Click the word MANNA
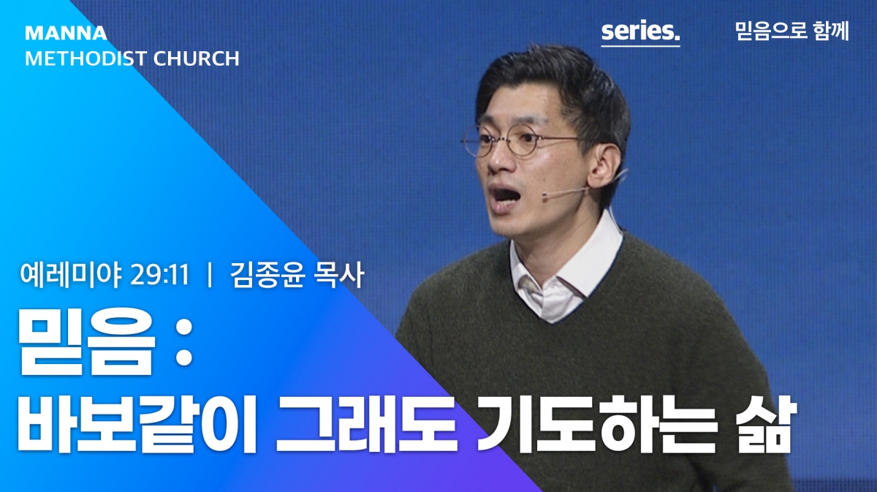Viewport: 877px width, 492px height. (66, 33)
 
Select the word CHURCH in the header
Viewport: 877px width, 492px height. (196, 58)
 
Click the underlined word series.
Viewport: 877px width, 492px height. (640, 31)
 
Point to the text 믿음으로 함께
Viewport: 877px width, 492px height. (791, 31)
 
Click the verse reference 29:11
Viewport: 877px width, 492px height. (160, 275)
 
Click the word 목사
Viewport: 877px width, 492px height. (338, 274)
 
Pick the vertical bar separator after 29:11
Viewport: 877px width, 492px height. (210, 275)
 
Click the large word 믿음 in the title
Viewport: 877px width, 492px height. (86, 341)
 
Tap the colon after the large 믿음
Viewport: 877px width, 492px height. (183, 344)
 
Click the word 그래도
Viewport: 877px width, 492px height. (367, 424)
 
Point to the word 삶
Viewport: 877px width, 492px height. (765, 424)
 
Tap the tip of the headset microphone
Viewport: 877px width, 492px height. (544, 194)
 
